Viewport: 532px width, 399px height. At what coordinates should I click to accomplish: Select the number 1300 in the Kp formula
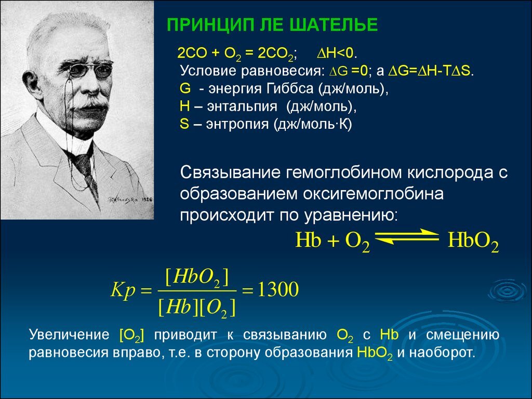(x=278, y=289)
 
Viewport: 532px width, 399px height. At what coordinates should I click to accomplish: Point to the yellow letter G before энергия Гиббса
(x=185, y=88)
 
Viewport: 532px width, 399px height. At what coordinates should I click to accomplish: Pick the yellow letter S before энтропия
(x=184, y=124)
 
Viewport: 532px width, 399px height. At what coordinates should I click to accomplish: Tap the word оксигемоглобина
(x=373, y=194)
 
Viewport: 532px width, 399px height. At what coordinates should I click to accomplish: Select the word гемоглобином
(x=344, y=172)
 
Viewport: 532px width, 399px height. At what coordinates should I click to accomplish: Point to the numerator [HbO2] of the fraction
(x=197, y=278)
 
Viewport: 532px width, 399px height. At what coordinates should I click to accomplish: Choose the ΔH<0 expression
(x=337, y=53)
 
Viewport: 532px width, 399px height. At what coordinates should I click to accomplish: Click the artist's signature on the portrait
(x=129, y=200)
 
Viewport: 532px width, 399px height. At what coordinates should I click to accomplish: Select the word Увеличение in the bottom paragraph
(x=69, y=335)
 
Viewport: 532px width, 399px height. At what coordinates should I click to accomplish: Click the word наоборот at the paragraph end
(x=441, y=353)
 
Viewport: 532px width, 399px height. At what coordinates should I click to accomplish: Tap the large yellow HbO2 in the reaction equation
(x=473, y=241)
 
